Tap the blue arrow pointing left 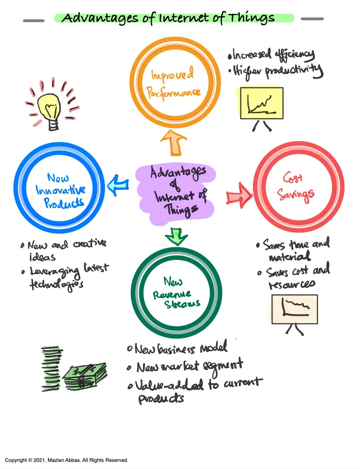point(118,185)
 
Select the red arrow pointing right point(239,195)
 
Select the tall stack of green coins point(51,368)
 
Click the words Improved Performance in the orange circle point(173,83)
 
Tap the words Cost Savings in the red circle point(295,187)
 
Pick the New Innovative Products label point(60,190)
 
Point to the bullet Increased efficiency point(271,54)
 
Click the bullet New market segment point(185,366)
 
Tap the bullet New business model point(177,348)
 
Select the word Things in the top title point(251,18)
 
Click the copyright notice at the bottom point(66,460)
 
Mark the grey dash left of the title point(34,21)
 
